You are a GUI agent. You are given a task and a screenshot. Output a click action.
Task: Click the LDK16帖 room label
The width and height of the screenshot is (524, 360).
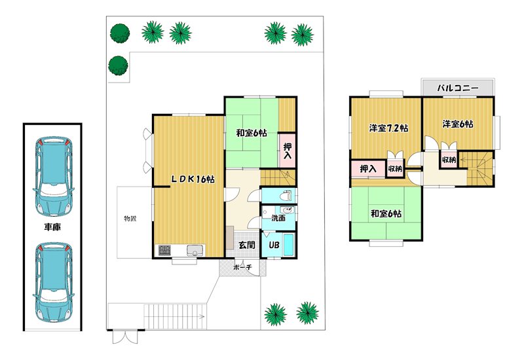[193, 179]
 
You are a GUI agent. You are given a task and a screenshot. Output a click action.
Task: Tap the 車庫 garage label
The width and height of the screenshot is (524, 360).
[52, 227]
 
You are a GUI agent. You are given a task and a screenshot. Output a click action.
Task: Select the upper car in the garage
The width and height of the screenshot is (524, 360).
[54, 176]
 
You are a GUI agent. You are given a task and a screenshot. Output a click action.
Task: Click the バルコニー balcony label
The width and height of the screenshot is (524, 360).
[458, 88]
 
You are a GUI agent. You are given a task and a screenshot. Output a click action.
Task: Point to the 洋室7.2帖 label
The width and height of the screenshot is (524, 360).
[388, 128]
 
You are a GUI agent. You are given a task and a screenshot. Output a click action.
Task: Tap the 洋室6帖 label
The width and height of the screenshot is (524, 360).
[458, 124]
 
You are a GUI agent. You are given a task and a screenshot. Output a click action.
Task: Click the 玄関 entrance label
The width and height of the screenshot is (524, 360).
[247, 245]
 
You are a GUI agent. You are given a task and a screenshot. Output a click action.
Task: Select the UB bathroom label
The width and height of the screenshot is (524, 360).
[274, 245]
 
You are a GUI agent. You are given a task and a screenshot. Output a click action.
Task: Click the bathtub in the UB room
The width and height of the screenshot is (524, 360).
[288, 245]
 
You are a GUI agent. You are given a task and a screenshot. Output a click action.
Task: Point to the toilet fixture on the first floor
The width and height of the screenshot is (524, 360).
[286, 195]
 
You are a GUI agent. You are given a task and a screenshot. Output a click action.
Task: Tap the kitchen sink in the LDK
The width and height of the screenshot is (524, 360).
[195, 250]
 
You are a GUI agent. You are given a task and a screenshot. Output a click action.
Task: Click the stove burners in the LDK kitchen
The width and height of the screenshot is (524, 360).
[164, 250]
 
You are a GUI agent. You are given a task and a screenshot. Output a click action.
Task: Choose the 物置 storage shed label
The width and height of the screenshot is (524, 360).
[130, 219]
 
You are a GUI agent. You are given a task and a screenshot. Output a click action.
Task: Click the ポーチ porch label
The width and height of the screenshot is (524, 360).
[242, 267]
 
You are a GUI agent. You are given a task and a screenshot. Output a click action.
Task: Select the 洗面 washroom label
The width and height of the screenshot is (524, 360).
[278, 219]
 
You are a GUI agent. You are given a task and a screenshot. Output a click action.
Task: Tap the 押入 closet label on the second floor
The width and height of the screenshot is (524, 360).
[368, 169]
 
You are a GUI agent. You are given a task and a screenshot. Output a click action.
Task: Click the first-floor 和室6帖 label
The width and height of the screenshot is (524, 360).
[252, 133]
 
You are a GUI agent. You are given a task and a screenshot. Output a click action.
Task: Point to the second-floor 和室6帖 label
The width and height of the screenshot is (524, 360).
[386, 213]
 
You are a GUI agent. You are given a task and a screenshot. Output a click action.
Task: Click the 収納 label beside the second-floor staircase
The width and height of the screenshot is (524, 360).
[449, 160]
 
